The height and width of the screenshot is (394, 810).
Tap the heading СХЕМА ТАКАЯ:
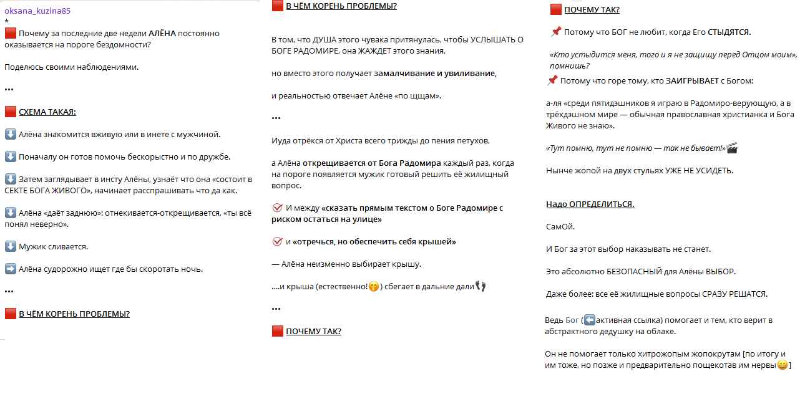tap(47, 112)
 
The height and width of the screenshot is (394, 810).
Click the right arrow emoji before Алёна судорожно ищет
tap(10, 269)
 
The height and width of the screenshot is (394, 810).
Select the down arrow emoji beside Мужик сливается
tap(10, 246)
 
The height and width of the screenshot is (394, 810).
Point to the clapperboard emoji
tap(732, 148)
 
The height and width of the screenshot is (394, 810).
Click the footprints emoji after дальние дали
tap(480, 286)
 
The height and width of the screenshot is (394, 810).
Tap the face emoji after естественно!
tap(374, 287)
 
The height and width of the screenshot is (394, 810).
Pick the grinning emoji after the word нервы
tap(783, 365)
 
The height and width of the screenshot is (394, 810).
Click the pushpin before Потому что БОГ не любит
tap(556, 32)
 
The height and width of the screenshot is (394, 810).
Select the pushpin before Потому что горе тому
tap(552, 80)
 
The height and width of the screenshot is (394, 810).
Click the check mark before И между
tap(278, 208)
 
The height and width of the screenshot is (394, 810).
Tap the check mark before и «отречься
tap(278, 241)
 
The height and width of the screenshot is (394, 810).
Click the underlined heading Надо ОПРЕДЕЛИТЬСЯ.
tap(590, 204)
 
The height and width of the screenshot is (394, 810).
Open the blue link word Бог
tap(572, 320)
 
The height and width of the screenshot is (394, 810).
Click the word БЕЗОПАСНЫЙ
tap(635, 272)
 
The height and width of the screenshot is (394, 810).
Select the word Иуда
tap(281, 140)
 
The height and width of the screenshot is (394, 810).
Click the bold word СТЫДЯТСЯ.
tap(729, 32)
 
